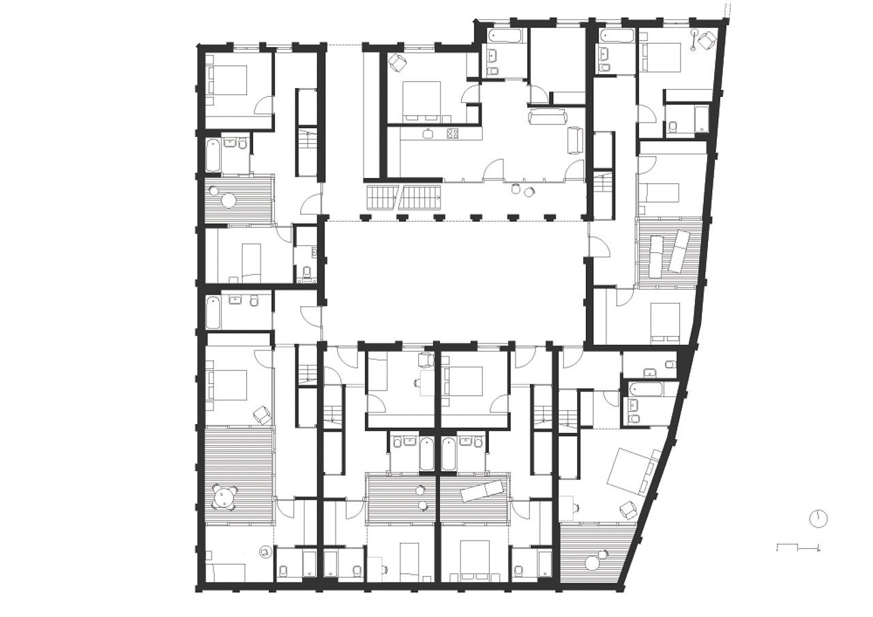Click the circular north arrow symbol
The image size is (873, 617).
coord(818,518)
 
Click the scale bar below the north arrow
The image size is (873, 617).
coord(798,547)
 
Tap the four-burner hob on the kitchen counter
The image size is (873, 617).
coord(452,134)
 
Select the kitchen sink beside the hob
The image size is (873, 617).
coord(428,134)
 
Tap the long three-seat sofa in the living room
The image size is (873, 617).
coord(548,118)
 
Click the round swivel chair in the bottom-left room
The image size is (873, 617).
coord(265,552)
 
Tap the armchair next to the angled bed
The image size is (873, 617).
coord(627,508)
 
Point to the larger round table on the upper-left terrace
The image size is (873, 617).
coord(228,201)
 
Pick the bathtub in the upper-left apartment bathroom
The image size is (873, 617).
coord(212,155)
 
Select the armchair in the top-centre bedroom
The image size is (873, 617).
coord(398,63)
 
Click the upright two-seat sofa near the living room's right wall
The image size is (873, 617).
coord(575,140)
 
